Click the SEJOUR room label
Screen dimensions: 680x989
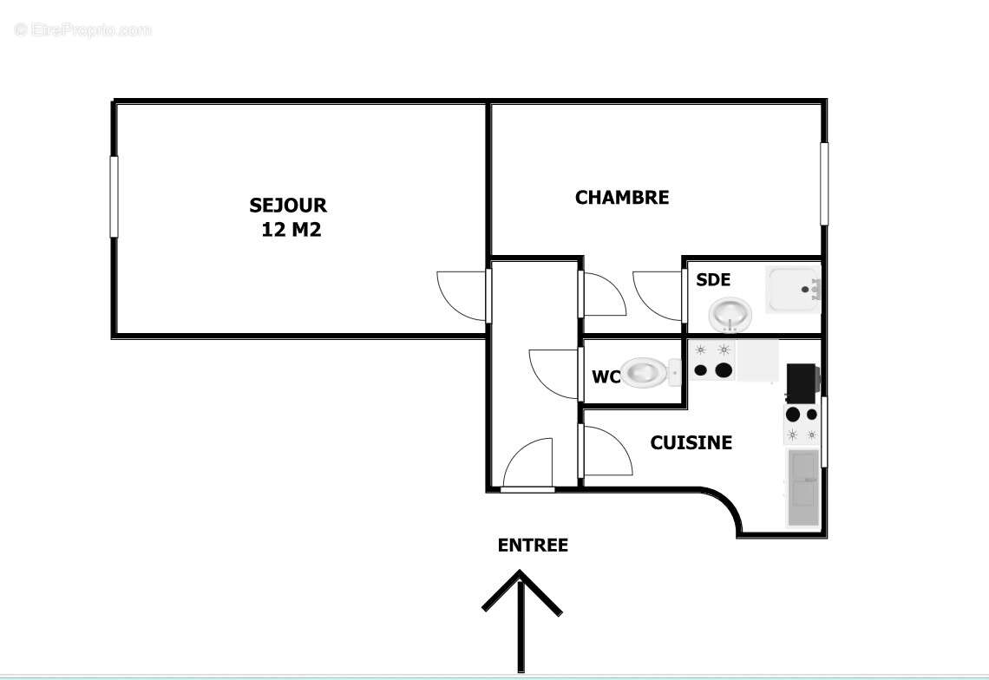pos(288,206)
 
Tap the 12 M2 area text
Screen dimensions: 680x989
pos(291,230)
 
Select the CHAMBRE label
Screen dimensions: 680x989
pos(622,198)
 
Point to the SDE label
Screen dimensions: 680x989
pos(713,280)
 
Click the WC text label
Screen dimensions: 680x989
pos(606,377)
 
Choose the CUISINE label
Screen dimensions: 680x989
pos(691,443)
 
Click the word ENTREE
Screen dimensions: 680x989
pos(533,546)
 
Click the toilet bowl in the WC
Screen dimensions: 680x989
pos(645,372)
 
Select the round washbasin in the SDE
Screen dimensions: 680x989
pos(730,313)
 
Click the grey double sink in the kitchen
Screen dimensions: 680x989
pos(802,487)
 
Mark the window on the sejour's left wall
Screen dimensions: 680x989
pos(114,196)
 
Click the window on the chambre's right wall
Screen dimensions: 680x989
pos(824,184)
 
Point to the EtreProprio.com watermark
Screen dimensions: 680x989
pos(83,30)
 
